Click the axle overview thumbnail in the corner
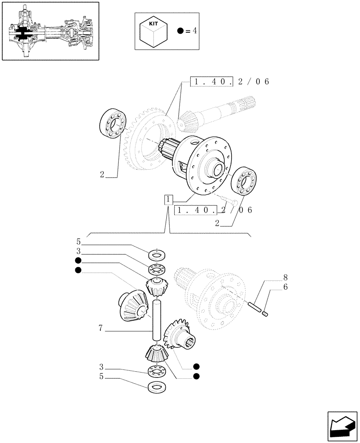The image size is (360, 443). [x=50, y=31]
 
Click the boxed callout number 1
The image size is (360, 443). [x=168, y=200]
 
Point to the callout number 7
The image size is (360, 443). [x=101, y=328]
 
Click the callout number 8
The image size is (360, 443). [x=286, y=278]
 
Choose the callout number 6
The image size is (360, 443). [x=286, y=287]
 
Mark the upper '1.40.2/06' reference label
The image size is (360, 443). [x=229, y=82]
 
